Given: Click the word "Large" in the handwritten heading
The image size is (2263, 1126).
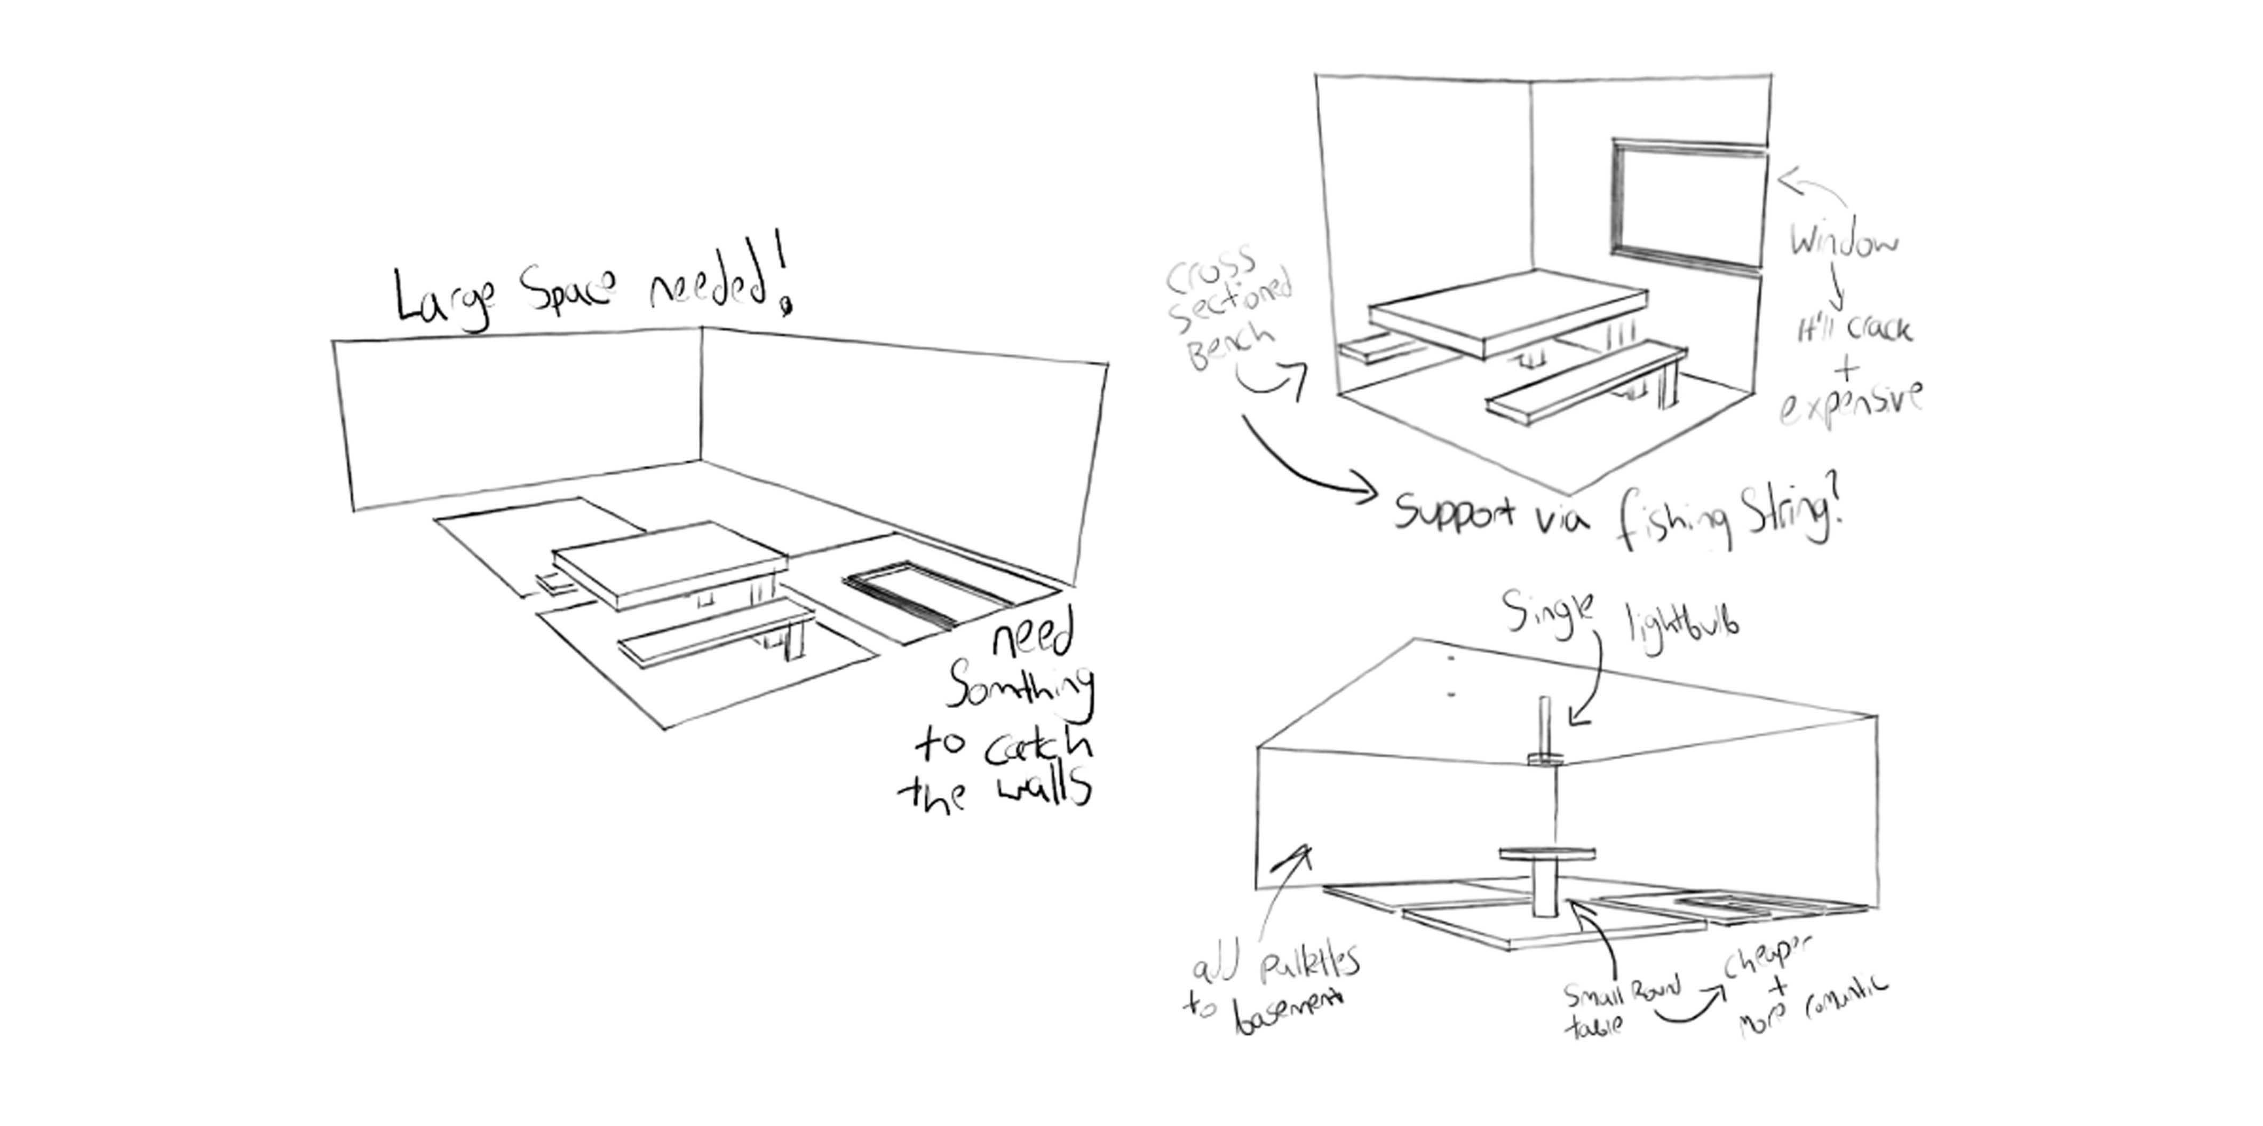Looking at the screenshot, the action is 443,299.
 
